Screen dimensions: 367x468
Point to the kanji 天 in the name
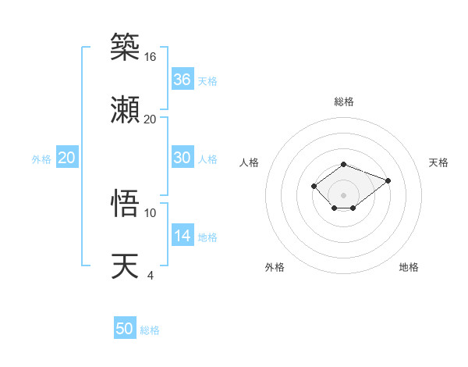(x=126, y=265)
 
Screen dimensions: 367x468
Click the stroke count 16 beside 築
(x=150, y=57)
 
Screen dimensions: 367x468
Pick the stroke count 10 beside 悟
(x=150, y=212)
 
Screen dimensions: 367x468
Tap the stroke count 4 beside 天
(x=150, y=275)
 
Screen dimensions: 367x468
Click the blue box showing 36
(x=183, y=80)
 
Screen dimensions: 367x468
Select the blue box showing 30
(x=183, y=158)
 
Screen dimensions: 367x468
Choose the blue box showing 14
(x=183, y=236)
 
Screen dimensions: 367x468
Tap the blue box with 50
(x=125, y=329)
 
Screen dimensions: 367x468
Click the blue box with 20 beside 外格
(x=67, y=158)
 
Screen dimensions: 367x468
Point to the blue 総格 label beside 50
(x=150, y=330)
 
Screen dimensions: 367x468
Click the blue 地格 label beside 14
(x=207, y=237)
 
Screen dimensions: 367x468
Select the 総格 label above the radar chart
(x=343, y=102)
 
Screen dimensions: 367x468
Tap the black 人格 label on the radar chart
(x=250, y=162)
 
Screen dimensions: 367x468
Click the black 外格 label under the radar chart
(x=275, y=267)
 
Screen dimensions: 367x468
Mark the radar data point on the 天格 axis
(x=388, y=180)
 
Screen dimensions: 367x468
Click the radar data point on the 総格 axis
(x=343, y=164)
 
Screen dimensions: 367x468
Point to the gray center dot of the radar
(x=343, y=194)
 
